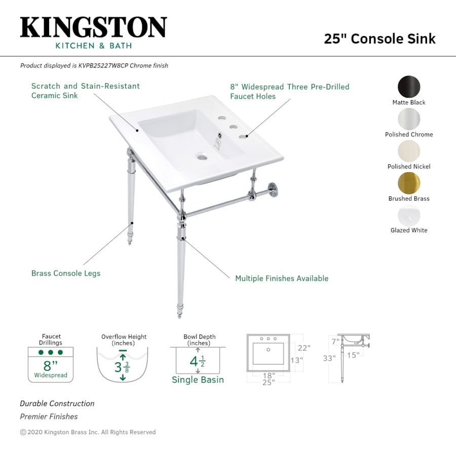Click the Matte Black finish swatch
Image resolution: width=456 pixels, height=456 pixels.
click(409, 87)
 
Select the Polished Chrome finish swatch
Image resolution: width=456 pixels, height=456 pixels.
click(409, 119)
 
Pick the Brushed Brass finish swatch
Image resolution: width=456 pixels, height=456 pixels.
click(409, 183)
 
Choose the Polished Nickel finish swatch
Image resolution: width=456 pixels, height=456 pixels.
click(409, 151)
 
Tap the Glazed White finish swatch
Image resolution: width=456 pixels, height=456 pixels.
click(409, 215)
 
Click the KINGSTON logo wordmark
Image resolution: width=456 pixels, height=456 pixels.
click(93, 27)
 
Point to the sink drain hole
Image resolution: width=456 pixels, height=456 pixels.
click(203, 157)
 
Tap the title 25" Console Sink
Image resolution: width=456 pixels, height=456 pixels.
click(379, 39)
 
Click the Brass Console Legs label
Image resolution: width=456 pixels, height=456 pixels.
click(66, 274)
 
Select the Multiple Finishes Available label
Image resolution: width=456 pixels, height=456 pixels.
click(282, 279)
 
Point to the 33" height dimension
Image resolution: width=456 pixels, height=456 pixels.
click(329, 359)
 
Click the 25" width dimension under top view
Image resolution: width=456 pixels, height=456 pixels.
click(268, 383)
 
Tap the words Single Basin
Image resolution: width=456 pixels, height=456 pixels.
click(198, 380)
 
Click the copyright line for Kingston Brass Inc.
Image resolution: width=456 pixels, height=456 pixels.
click(88, 432)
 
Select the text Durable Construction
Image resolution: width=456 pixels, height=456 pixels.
click(57, 404)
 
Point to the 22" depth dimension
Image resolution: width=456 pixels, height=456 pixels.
click(304, 348)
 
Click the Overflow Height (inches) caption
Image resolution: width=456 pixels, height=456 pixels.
click(124, 340)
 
